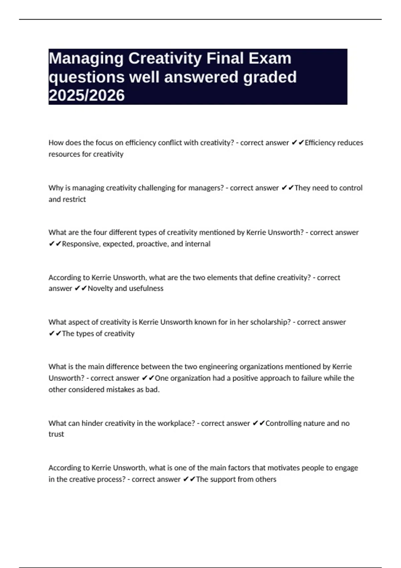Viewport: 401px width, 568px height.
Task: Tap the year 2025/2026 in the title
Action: [87, 95]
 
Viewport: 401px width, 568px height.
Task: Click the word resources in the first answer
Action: [63, 154]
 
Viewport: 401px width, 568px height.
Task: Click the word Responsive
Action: [81, 244]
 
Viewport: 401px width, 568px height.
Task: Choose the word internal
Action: [197, 244]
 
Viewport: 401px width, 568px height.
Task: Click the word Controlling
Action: [283, 423]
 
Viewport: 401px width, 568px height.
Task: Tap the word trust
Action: [56, 434]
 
